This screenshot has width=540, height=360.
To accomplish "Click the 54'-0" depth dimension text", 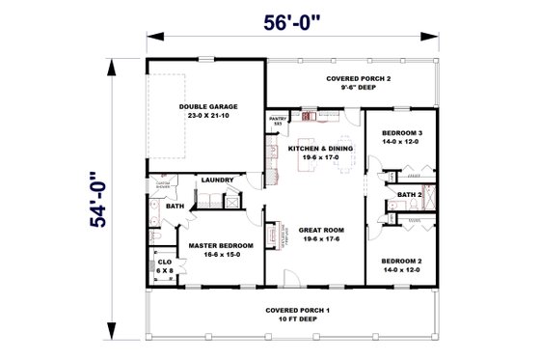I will pyautogui.click(x=94, y=199).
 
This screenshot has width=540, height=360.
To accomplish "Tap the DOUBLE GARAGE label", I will pyautogui.click(x=207, y=106).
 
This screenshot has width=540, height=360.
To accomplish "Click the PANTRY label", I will pyautogui.click(x=275, y=119).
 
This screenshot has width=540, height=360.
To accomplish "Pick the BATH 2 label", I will pyautogui.click(x=409, y=194).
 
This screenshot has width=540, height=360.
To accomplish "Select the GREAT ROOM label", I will pyautogui.click(x=317, y=230).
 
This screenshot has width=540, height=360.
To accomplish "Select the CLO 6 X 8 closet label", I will pyautogui.click(x=164, y=265).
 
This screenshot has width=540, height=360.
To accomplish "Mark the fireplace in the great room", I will pyautogui.click(x=274, y=236).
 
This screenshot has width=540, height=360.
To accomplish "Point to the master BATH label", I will pyautogui.click(x=175, y=206).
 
